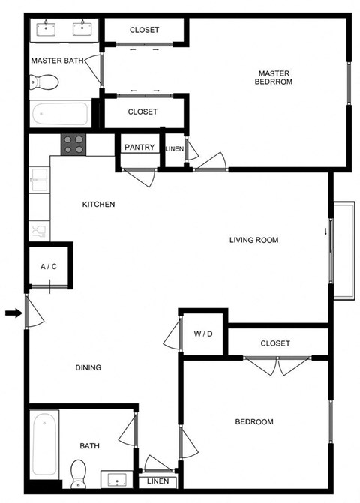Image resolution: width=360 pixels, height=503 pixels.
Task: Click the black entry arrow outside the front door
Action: click(x=11, y=313)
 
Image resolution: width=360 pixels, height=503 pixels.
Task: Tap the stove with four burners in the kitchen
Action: click(x=73, y=144)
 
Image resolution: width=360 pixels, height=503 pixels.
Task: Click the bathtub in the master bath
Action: click(x=60, y=115)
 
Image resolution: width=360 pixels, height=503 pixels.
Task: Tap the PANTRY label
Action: click(x=139, y=148)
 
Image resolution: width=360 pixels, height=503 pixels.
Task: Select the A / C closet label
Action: click(x=49, y=266)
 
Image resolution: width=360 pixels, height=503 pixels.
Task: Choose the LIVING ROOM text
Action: click(x=253, y=241)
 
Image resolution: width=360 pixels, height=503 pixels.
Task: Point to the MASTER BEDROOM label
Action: click(x=274, y=77)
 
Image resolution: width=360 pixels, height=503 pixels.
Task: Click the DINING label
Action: click(x=88, y=367)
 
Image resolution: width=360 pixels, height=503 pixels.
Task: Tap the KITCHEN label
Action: click(x=98, y=204)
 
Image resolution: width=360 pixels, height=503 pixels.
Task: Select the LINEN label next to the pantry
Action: click(x=174, y=148)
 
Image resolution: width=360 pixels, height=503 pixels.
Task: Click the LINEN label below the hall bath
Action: click(x=157, y=481)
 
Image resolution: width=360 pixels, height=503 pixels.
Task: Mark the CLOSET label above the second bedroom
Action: click(x=275, y=343)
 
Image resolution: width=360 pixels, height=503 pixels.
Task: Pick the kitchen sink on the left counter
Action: click(x=37, y=181)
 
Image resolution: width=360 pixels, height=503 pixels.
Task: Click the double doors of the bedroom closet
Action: click(x=277, y=367)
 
